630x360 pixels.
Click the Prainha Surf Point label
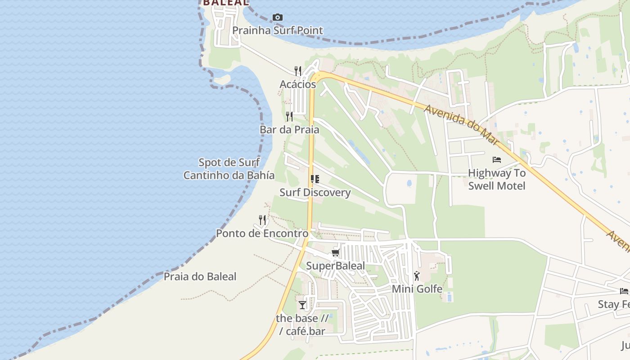(x=278, y=31)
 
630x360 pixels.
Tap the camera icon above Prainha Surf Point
(x=278, y=18)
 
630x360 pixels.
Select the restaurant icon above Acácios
(x=298, y=71)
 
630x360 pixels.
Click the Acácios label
(x=298, y=84)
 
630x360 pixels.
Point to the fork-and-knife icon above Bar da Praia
(x=289, y=117)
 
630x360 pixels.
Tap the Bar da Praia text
(x=289, y=130)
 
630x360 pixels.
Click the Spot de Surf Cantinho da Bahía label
(x=229, y=169)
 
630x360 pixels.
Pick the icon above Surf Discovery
(x=315, y=179)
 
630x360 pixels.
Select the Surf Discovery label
(x=315, y=193)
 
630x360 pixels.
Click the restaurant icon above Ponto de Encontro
(x=262, y=220)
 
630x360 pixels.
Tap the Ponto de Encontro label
(x=262, y=234)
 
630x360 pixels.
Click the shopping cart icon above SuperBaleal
(x=335, y=253)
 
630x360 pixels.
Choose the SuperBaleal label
(x=336, y=266)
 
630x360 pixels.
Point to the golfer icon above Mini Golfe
(x=417, y=276)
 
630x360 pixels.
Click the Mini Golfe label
(x=417, y=289)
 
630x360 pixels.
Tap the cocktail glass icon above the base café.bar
(x=302, y=305)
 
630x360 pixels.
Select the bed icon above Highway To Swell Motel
(x=497, y=160)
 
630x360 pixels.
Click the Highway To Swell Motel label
(x=497, y=179)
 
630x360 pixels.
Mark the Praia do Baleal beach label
(x=200, y=276)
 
